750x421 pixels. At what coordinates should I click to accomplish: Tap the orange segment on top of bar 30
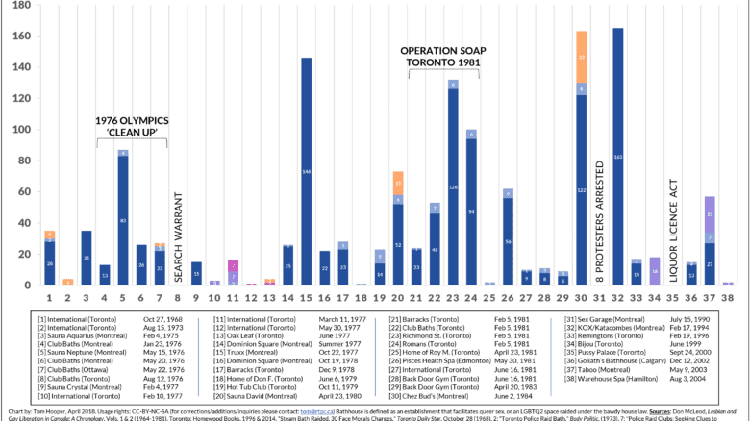(582, 57)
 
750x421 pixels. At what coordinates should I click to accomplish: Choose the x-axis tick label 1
(48, 298)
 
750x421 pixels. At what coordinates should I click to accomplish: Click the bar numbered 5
(123, 220)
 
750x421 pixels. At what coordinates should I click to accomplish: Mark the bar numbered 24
(471, 211)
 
